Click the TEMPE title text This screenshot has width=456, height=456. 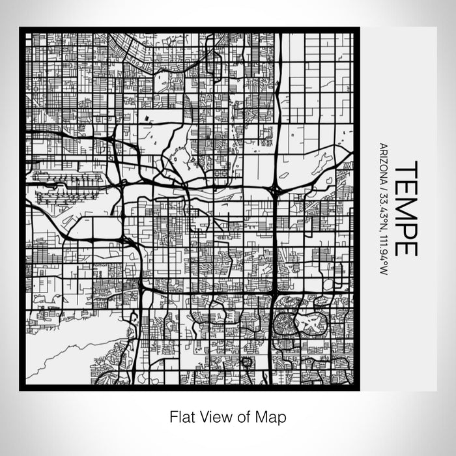(405, 208)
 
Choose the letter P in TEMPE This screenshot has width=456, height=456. (405, 229)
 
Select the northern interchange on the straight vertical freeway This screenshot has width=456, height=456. (274, 191)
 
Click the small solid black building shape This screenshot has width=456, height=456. (149, 119)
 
